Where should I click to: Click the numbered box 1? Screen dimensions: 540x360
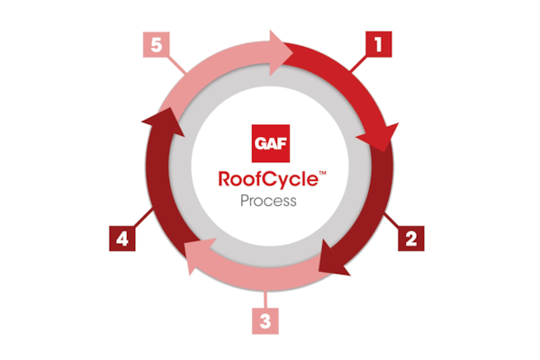click(379, 44)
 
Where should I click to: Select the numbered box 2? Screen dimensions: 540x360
click(411, 238)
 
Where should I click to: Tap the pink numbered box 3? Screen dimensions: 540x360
click(265, 321)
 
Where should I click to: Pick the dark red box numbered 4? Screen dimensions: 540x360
click(122, 238)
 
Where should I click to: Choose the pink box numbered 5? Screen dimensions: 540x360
click(157, 44)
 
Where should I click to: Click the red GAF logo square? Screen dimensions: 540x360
click(271, 143)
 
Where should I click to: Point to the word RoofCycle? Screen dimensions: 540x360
click(268, 179)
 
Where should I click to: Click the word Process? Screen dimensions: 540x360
click(268, 201)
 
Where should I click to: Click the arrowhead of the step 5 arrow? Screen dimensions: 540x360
click(280, 53)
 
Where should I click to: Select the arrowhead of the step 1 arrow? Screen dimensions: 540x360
click(380, 137)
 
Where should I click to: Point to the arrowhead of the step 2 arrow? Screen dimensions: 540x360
click(331, 259)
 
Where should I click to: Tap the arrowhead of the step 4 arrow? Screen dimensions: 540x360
click(165, 121)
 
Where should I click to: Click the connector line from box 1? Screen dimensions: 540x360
click(358, 64)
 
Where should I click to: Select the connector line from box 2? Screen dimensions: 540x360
click(391, 220)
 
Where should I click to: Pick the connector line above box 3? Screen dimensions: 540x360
click(265, 300)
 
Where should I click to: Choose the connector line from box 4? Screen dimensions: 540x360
click(143, 218)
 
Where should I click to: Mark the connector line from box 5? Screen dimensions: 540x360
click(176, 65)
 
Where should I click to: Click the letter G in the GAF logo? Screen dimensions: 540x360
click(260, 143)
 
